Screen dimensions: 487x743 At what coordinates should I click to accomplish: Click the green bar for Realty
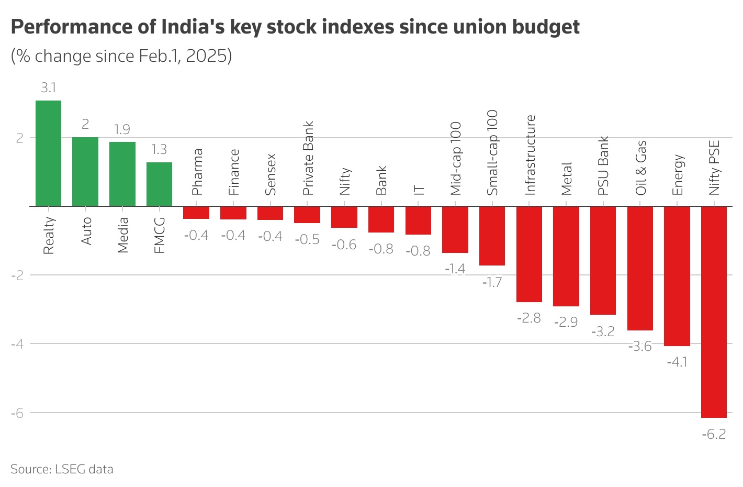tap(48, 153)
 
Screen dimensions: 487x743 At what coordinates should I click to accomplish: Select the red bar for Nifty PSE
tap(714, 312)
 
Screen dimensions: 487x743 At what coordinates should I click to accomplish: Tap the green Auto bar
tap(85, 172)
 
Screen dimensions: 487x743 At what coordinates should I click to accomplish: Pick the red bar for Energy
tap(677, 276)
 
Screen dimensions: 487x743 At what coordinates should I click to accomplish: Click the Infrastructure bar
tap(529, 254)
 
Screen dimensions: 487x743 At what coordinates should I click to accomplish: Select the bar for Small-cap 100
tap(492, 236)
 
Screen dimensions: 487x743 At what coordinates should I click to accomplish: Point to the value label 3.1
tap(48, 88)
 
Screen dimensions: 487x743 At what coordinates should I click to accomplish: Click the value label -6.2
tap(714, 434)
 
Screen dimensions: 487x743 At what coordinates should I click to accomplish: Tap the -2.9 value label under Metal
tap(566, 322)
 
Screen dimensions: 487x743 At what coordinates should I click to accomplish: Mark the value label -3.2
tap(603, 331)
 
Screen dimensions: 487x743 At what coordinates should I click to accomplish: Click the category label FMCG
tap(159, 236)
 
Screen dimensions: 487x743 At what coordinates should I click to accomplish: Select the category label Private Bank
tap(308, 159)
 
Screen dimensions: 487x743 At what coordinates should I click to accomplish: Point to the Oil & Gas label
tap(640, 168)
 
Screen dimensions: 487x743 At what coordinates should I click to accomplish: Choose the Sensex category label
tap(271, 174)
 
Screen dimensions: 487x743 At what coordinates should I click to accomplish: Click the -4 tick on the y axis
tap(17, 344)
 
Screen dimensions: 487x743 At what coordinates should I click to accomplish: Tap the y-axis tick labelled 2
tap(19, 138)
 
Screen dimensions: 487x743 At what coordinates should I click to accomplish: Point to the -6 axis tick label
tap(17, 413)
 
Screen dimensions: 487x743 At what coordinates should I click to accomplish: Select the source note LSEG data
tap(84, 469)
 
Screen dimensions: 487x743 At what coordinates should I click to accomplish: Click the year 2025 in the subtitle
tap(208, 56)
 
